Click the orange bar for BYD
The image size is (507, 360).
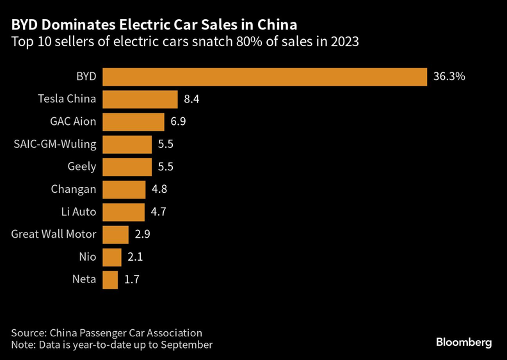(265, 77)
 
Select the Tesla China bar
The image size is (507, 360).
(140, 99)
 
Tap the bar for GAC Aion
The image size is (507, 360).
(134, 122)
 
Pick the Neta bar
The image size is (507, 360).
(110, 280)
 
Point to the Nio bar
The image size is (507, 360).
(112, 257)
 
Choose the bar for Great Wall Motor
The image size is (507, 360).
(115, 234)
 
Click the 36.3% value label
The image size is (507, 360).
(449, 77)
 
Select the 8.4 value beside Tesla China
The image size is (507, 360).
(191, 99)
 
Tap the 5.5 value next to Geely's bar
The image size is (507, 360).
(166, 167)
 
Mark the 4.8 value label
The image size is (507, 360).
(159, 189)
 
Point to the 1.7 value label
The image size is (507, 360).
(132, 279)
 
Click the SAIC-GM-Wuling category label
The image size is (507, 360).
(55, 144)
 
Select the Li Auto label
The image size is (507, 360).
(79, 212)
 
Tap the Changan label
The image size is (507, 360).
(74, 190)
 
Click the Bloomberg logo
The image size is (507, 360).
(464, 343)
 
